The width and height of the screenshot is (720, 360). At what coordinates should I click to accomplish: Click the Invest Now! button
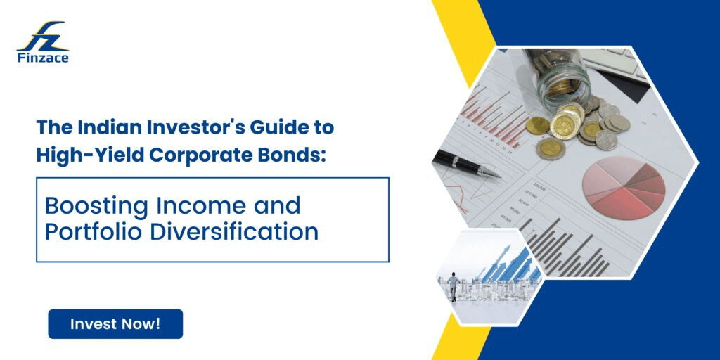115,324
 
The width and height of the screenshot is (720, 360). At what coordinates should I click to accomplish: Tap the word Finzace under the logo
43,58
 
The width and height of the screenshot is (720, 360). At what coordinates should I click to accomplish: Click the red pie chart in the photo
624,186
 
